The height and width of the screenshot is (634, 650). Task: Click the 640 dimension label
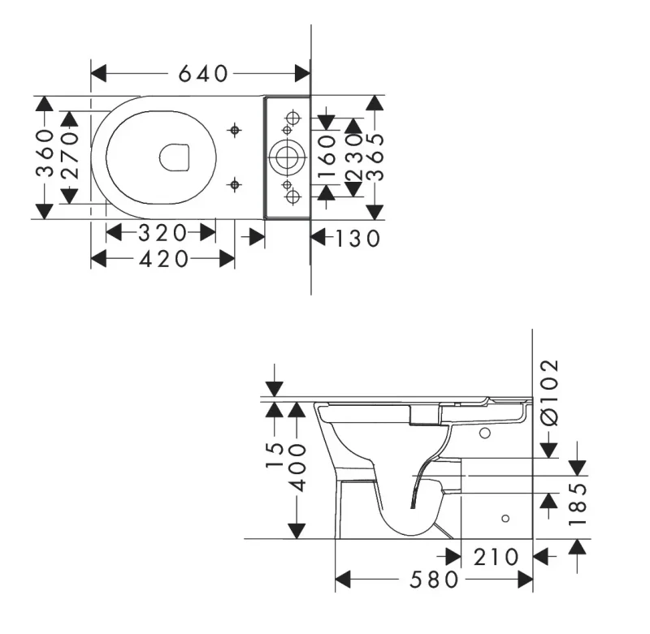coord(203,74)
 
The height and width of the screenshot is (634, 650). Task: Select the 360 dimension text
coord(45,153)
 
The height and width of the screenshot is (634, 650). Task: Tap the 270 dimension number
coord(70,155)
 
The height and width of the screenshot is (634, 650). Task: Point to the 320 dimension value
coord(162,233)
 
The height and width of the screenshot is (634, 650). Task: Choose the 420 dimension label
coord(164,260)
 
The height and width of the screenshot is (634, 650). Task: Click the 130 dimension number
coord(357,239)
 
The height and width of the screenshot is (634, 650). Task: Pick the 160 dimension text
coord(327,156)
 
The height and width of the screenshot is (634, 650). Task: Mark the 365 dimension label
coord(375,157)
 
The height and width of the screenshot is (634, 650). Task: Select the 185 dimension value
coord(578,504)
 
